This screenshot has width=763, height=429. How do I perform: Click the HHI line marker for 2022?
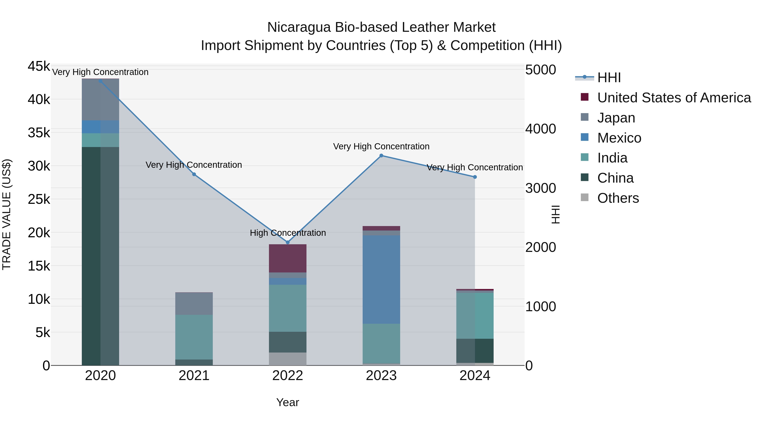[287, 242]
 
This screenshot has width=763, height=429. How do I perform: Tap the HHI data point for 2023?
[381, 155]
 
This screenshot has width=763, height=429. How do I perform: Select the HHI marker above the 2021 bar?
[194, 174]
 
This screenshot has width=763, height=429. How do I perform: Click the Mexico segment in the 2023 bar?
[381, 279]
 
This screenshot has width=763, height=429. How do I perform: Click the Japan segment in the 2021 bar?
[194, 303]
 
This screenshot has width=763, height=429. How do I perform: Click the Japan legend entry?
[616, 118]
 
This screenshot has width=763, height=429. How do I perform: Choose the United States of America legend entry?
[674, 98]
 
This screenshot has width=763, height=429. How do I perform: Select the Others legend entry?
[618, 198]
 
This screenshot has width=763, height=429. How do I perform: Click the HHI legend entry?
[609, 78]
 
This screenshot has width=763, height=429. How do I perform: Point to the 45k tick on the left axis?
[39, 66]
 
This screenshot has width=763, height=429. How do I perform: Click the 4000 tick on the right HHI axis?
[540, 129]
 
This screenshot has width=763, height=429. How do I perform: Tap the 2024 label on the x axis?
[475, 376]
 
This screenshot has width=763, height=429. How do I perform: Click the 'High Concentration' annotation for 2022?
[288, 233]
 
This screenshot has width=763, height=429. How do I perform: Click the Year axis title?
[287, 402]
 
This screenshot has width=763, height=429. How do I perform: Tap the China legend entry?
[615, 178]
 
